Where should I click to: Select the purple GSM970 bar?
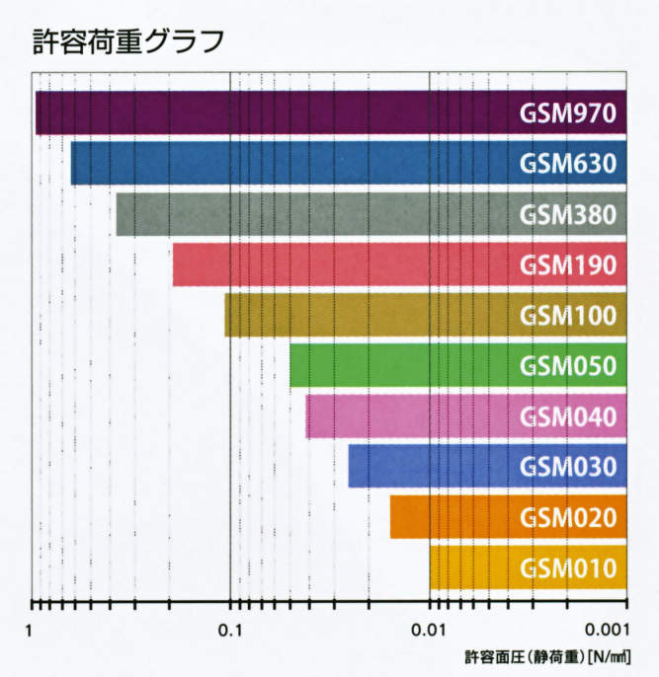click(277, 113)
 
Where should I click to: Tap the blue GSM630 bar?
click(296, 164)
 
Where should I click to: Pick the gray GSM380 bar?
click(316, 214)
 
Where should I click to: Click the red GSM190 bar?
click(346, 264)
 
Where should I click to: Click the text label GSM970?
click(569, 113)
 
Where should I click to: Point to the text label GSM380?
click(569, 214)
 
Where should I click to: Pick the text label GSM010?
click(569, 567)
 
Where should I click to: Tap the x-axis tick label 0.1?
click(229, 630)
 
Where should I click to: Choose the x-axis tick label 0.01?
click(429, 630)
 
